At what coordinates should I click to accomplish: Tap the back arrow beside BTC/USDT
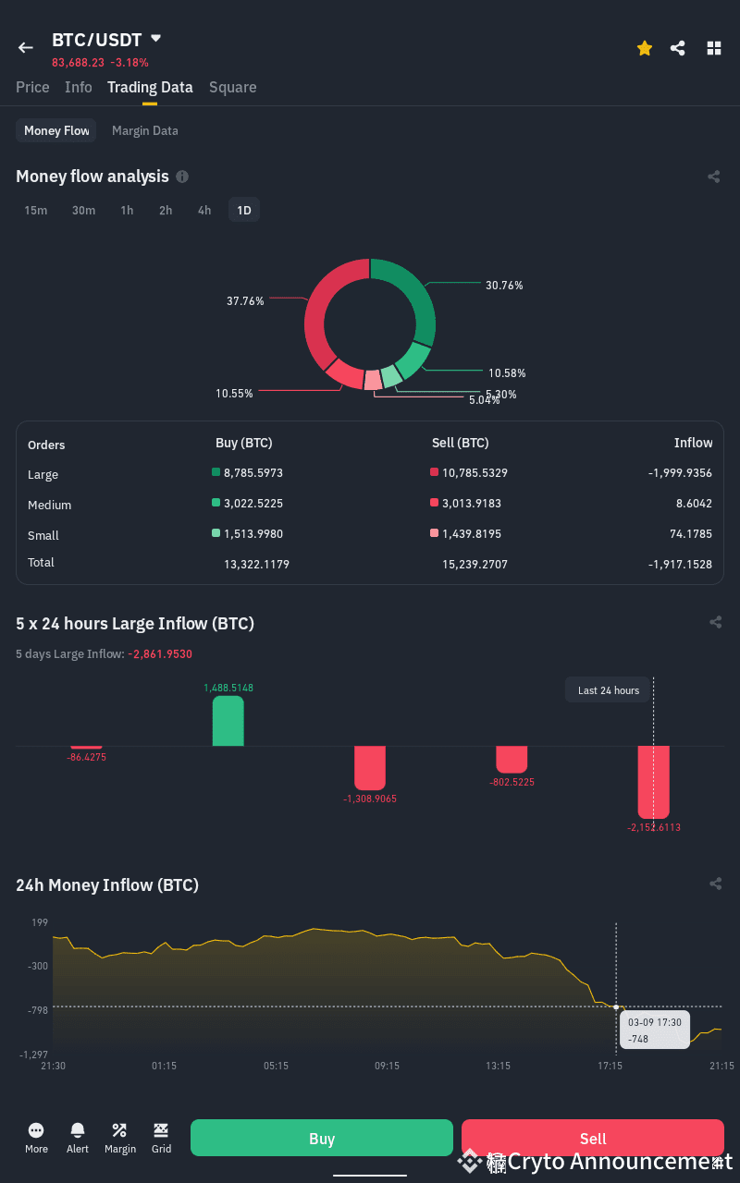(26, 47)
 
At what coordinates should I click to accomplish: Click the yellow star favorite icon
(645, 48)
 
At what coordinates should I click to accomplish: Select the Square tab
(232, 87)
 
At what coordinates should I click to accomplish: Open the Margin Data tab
(144, 130)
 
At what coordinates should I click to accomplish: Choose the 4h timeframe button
(204, 210)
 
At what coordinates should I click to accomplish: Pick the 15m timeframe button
(36, 210)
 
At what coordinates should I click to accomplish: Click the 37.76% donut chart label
(245, 300)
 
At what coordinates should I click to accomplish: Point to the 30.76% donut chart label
(504, 286)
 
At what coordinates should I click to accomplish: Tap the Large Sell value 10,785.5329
(475, 472)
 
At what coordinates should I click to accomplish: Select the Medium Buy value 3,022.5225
(253, 503)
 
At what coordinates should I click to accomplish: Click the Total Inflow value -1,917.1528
(680, 563)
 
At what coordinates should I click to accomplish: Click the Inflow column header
(693, 443)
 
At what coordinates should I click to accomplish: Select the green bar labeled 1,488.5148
(228, 721)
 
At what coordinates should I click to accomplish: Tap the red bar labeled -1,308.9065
(370, 767)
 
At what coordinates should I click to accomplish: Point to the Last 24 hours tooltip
(609, 690)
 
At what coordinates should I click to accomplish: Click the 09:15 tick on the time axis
(387, 1066)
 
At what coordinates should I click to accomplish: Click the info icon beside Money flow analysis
(182, 177)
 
